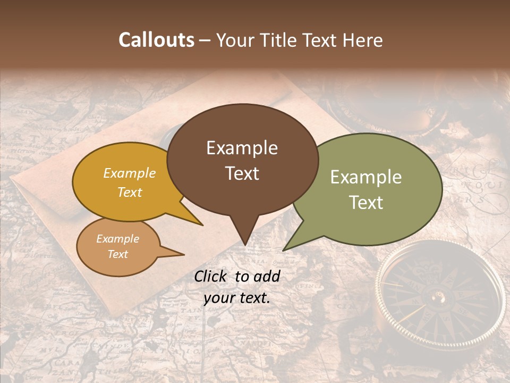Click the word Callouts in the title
click(156, 40)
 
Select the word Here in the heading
click(362, 40)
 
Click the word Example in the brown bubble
click(242, 148)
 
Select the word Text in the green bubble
click(366, 203)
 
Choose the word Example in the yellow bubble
click(130, 173)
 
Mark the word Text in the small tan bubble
click(117, 254)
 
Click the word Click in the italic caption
click(211, 276)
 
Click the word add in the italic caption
click(267, 276)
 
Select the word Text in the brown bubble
click(242, 173)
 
